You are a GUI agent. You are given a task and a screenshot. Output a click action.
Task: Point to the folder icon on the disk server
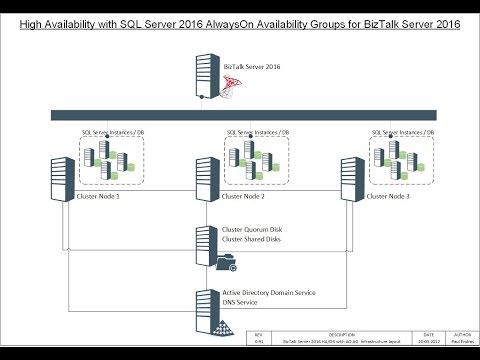(x=225, y=265)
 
